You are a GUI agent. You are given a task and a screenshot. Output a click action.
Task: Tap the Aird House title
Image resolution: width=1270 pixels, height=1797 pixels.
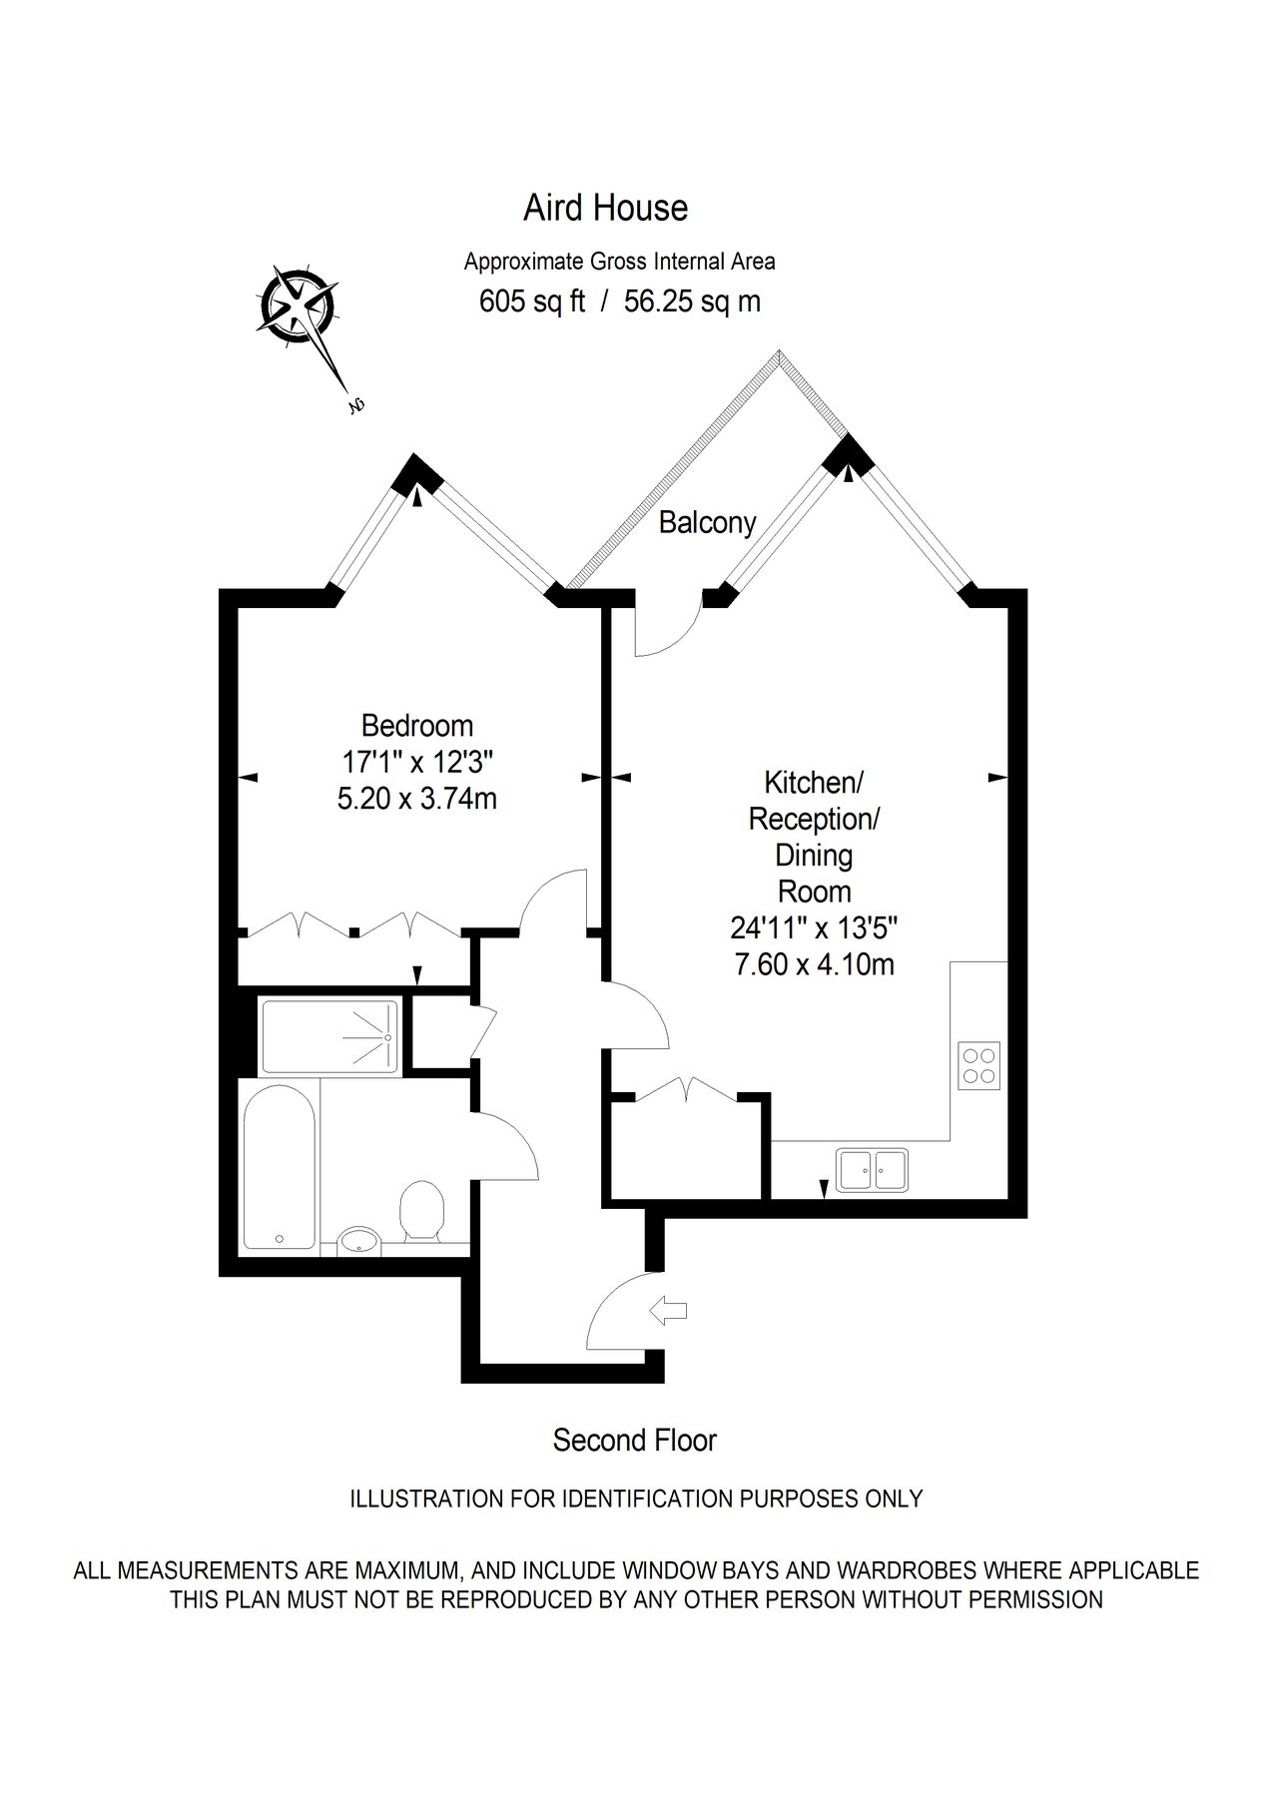(606, 208)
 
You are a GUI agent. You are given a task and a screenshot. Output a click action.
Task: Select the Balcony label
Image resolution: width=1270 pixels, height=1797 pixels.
(707, 522)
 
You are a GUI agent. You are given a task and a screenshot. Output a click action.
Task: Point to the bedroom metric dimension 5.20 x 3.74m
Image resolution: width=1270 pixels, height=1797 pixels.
(417, 799)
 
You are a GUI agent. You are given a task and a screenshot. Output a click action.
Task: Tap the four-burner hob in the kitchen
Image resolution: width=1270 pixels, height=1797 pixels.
(978, 1065)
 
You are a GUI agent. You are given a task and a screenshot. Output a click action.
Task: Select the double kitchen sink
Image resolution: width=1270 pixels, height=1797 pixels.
(873, 1170)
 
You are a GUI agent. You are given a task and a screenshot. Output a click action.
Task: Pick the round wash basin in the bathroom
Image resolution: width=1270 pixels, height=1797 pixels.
(357, 1240)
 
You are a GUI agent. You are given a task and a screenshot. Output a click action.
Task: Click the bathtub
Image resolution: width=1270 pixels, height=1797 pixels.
(280, 1166)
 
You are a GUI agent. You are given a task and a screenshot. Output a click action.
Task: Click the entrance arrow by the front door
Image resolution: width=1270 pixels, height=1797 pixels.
(668, 1309)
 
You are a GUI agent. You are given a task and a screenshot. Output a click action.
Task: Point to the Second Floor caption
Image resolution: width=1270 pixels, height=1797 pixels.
(635, 1441)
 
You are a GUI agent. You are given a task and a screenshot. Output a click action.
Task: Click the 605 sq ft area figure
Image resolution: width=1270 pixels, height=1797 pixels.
(532, 300)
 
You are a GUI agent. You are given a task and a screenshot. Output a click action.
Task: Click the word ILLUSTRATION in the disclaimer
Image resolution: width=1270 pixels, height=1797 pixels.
(423, 1498)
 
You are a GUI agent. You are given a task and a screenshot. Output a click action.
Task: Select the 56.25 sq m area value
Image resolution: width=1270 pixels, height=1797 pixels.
(692, 300)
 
